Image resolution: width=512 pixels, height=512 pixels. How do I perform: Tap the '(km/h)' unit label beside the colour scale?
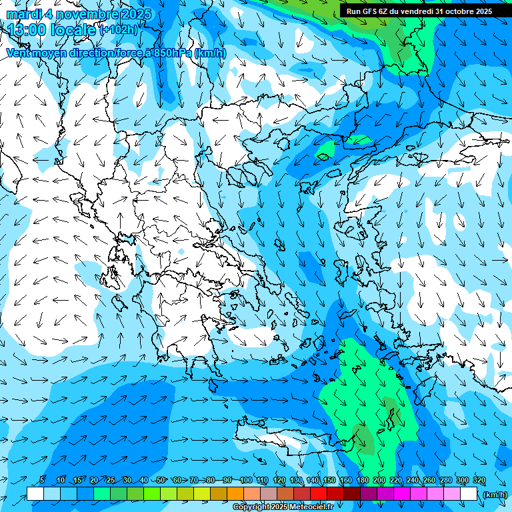[495, 495]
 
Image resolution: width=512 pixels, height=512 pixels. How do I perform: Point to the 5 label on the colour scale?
[42, 480]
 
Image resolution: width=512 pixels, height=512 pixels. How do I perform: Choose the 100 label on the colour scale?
[245, 480]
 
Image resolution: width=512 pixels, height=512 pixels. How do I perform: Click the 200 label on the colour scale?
[379, 480]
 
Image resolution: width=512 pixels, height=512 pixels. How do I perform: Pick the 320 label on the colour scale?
[479, 480]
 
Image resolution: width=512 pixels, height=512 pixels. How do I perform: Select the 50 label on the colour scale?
[161, 480]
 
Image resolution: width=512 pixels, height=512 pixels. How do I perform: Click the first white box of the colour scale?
[35, 494]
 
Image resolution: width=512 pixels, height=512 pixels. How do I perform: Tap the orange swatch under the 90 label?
[235, 494]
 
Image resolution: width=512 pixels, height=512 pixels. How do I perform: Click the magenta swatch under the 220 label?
[402, 494]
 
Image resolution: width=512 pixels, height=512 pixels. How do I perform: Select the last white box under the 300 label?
[469, 494]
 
